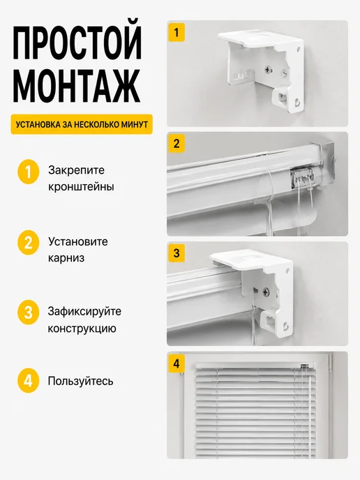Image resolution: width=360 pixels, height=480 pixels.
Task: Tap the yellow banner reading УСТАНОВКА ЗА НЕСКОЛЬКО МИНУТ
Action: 82,125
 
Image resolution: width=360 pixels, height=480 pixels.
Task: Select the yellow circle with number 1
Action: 28,172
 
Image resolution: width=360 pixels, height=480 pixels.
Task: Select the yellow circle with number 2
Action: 28,243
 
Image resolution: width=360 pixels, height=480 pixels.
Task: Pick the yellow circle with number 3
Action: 28,313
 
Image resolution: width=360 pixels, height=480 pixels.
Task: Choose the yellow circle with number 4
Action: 28,381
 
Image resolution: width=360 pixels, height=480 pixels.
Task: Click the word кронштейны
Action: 81,186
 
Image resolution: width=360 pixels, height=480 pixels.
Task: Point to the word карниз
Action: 66,257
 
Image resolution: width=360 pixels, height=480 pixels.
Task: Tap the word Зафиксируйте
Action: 84,311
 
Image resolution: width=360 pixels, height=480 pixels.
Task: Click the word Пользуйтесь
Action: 80,381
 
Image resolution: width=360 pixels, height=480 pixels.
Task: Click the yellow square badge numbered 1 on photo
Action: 177,32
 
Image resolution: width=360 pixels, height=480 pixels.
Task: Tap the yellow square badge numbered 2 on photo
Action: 177,143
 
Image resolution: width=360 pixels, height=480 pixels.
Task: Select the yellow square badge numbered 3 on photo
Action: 177,253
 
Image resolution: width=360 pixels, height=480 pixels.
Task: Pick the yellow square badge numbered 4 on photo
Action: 177,363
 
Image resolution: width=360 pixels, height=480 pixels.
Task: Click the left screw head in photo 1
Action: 269,70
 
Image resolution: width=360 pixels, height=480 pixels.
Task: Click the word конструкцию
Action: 82,329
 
